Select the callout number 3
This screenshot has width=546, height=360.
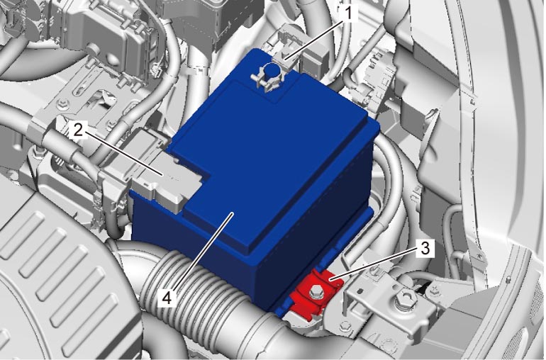pos(425,248)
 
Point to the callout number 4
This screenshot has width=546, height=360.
pos(167,298)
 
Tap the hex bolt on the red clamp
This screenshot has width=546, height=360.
pos(316,291)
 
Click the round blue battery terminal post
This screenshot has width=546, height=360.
pos(273,72)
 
